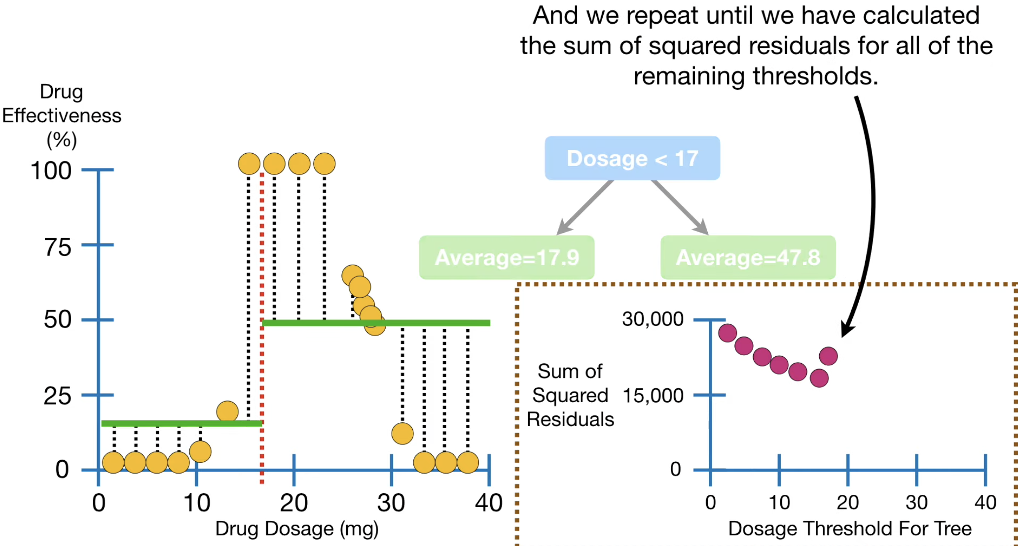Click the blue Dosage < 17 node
coord(632,158)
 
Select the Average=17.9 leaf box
coord(507,257)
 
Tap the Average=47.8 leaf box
coord(748,257)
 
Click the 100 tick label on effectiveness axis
coord(51,171)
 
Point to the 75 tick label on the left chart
coord(58,247)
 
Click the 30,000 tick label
coord(653,319)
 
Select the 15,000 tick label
coord(653,396)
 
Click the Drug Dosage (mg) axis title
coord(297,529)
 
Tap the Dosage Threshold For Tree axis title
coord(850,528)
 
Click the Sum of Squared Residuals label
coord(570,395)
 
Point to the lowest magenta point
coord(819,378)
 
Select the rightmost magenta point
coord(829,356)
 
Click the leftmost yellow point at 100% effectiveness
coord(249,164)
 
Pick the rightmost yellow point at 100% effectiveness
coord(325,164)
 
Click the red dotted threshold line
coord(261,328)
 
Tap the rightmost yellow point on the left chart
coord(468,463)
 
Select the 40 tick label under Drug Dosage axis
coord(489,503)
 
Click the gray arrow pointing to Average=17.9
coord(585,207)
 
